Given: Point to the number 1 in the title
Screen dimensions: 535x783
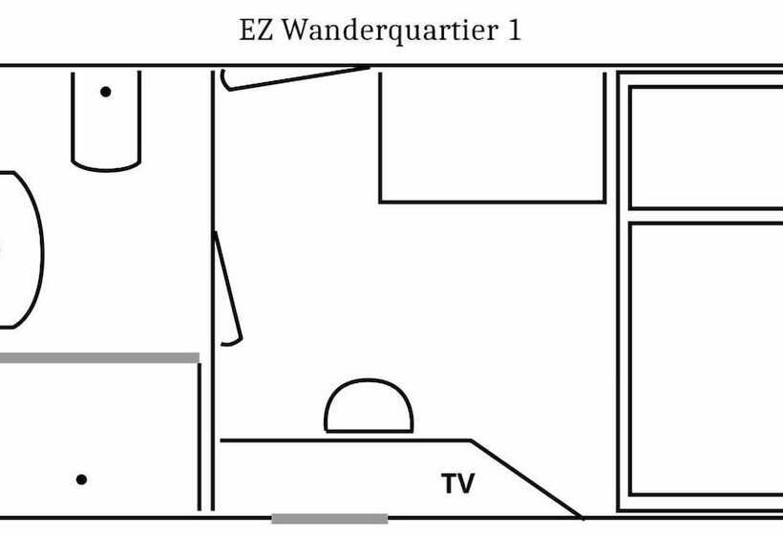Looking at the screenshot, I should click(515, 31).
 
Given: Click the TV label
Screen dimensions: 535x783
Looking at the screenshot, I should click(457, 483).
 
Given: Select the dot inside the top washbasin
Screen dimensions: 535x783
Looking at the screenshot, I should click(105, 92).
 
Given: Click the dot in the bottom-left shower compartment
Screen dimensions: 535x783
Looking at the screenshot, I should click(82, 480).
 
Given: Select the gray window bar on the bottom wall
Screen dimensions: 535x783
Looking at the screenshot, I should click(329, 519).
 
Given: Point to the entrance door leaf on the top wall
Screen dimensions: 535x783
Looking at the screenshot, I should click(295, 77).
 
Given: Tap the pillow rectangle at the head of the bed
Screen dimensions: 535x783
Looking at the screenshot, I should click(707, 146).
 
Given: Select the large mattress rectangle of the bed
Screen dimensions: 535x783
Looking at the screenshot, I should click(707, 358).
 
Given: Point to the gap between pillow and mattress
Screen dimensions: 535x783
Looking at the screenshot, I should click(707, 216).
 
